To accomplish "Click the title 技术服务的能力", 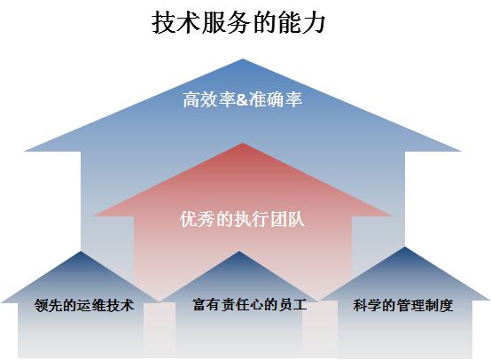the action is (238, 22).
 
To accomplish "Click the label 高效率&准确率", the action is (243, 99).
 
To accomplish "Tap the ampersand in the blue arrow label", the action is (242, 99).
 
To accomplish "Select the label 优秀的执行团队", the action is (242, 219).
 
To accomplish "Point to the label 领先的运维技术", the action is (84, 305).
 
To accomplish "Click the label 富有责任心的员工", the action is (250, 304).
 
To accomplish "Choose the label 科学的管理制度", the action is (403, 305).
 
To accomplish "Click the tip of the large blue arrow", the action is (243, 59).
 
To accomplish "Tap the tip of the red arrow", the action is (243, 143).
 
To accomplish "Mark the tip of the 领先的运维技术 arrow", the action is (82, 251).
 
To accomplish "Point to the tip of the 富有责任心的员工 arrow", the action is (239, 251).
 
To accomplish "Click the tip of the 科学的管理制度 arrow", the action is (405, 247).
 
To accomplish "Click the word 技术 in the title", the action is (176, 22).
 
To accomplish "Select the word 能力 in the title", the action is (301, 22).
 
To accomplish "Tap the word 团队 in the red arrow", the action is (287, 219).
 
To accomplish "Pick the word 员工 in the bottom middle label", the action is (293, 304).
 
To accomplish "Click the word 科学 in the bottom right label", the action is (367, 305).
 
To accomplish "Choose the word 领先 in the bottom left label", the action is (49, 305).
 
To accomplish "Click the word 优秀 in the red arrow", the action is (198, 219).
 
